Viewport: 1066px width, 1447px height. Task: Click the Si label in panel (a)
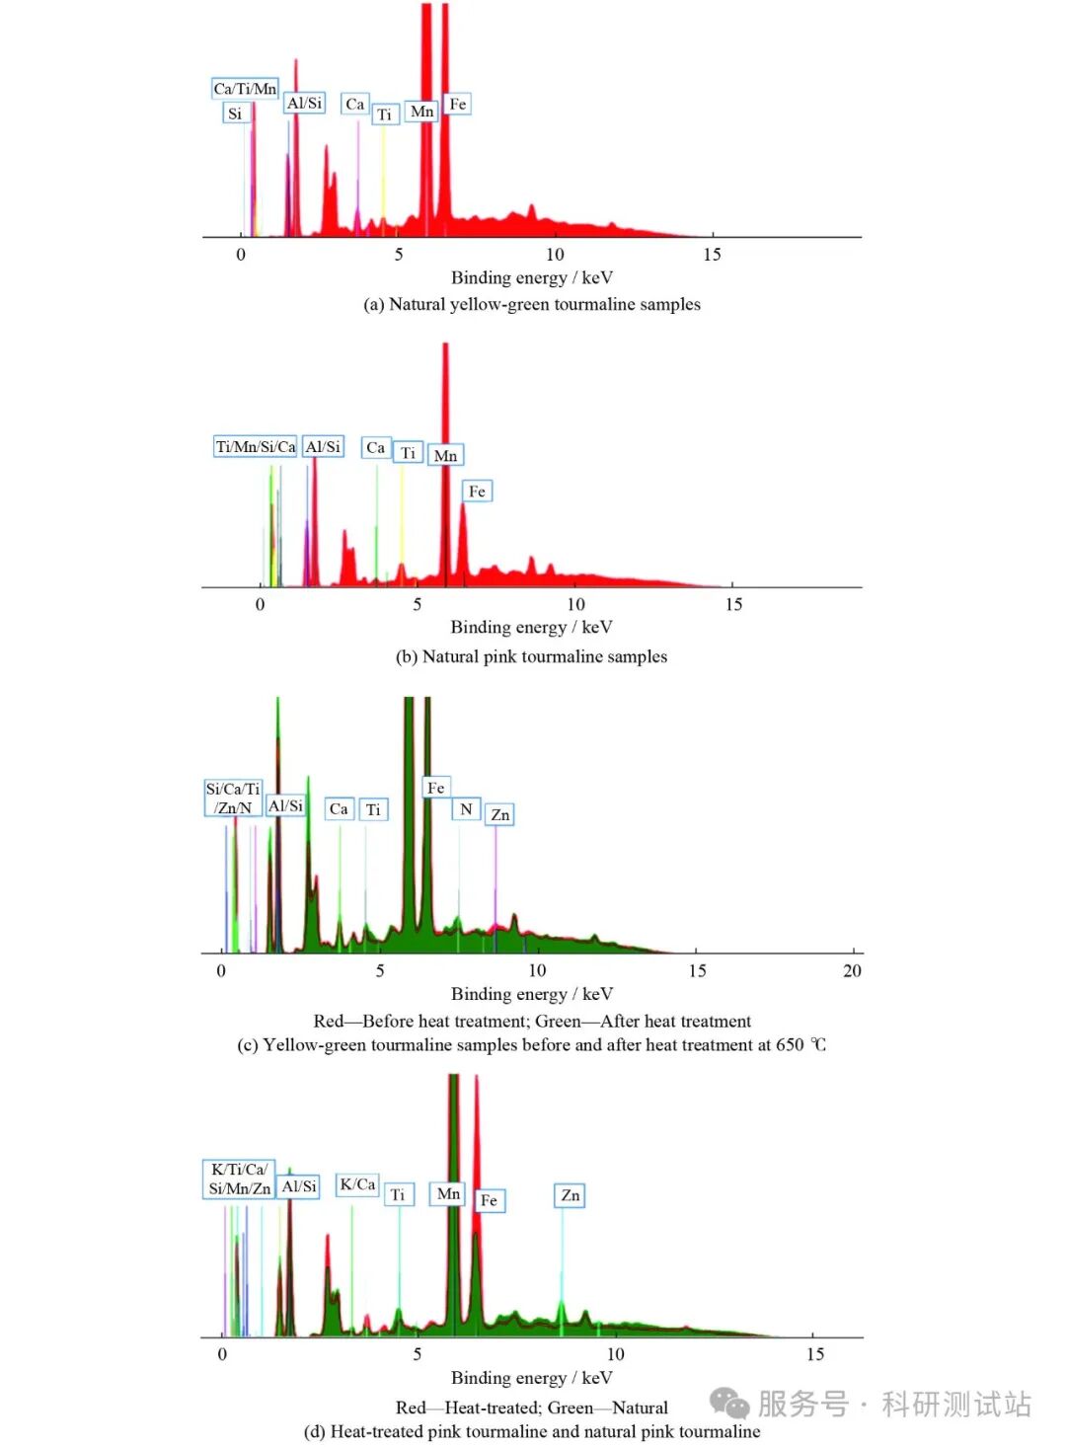(x=235, y=114)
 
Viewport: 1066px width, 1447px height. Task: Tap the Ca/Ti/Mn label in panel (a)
(x=245, y=89)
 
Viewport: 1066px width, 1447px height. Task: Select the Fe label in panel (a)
(x=457, y=104)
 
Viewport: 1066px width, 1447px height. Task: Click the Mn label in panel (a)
(x=421, y=112)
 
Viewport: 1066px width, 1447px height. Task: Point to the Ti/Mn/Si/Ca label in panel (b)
(x=256, y=447)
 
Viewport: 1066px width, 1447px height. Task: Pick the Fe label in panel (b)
(x=477, y=492)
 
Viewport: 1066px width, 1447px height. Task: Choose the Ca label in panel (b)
(x=375, y=448)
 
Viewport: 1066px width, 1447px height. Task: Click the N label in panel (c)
(x=466, y=809)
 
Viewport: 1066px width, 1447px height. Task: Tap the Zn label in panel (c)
(x=500, y=815)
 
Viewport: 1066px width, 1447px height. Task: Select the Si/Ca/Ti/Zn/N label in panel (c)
(x=233, y=799)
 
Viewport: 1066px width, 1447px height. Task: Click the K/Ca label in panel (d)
(x=357, y=1184)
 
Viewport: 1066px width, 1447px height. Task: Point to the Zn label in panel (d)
(x=571, y=1196)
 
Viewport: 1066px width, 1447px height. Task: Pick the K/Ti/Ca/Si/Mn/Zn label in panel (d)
(x=239, y=1180)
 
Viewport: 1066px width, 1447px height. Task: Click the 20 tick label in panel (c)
(x=852, y=971)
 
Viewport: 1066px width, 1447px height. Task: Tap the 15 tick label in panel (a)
(x=712, y=255)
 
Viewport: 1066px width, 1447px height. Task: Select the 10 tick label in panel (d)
(x=615, y=1354)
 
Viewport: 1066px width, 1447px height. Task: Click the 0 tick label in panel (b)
(x=260, y=605)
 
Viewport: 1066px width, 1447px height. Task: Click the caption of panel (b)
(x=531, y=657)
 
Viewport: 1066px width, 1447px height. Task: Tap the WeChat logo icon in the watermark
(x=730, y=1403)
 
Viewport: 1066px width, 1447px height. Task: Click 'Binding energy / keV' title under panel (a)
(x=531, y=278)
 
